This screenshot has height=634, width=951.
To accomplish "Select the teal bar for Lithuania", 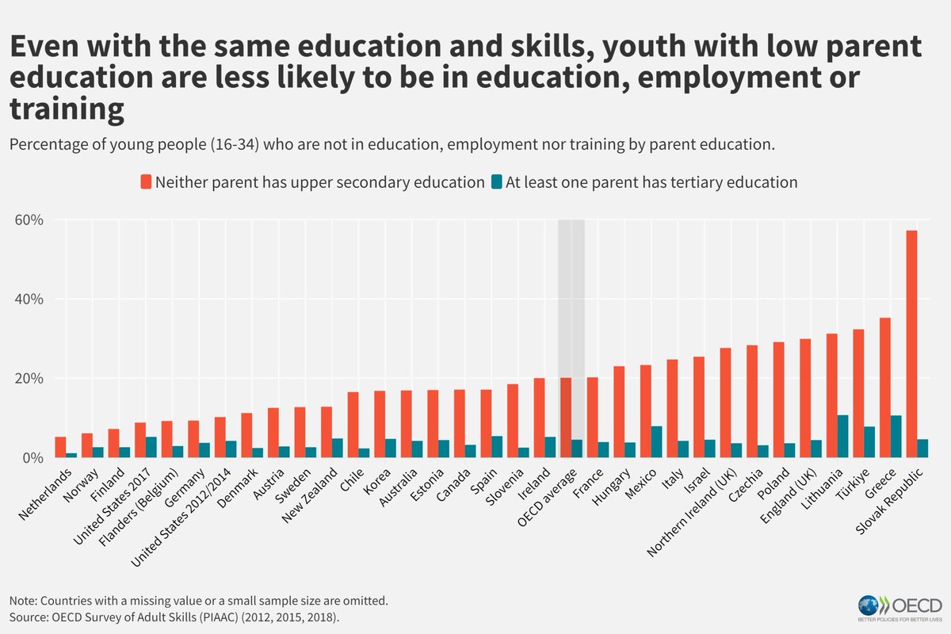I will point(843,437).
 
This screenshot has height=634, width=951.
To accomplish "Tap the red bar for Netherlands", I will point(60,447).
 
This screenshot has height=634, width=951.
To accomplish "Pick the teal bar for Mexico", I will point(657,442).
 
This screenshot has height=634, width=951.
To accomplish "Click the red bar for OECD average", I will point(566,418).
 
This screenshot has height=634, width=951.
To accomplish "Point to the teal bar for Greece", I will point(896,437).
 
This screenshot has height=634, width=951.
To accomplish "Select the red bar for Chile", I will point(353,425).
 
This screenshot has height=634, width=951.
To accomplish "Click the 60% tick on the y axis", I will point(29,220).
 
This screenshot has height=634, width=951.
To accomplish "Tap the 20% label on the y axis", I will point(29,379).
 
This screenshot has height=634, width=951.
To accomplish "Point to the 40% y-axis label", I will point(29,300).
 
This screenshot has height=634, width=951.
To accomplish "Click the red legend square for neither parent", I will point(145,181).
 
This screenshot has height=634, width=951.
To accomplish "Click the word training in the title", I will point(67,110).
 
